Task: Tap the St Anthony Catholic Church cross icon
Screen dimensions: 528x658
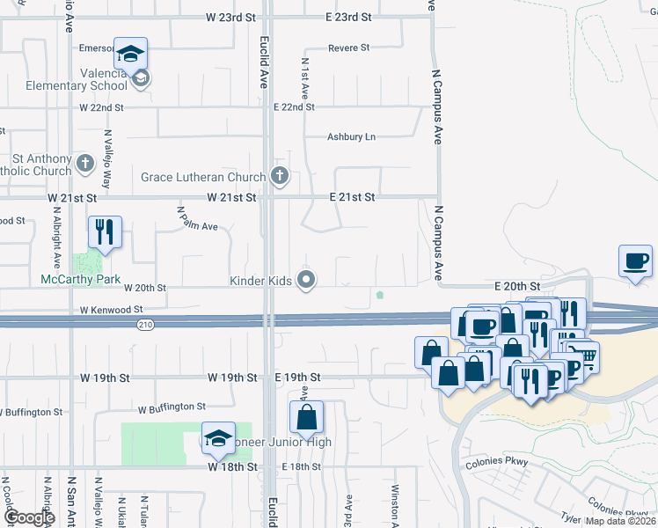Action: (x=85, y=163)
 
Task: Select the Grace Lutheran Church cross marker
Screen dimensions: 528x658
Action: (x=280, y=176)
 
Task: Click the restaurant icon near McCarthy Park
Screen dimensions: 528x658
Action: (x=105, y=232)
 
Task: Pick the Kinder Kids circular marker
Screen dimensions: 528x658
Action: (x=306, y=280)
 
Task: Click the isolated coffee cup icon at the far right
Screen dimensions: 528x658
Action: (x=635, y=260)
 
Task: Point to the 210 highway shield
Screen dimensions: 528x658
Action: (x=143, y=325)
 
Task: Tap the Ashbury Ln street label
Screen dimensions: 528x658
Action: (x=351, y=136)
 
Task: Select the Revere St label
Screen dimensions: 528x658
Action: (x=348, y=48)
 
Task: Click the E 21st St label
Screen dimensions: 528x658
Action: (x=352, y=197)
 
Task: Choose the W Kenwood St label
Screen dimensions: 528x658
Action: (x=111, y=310)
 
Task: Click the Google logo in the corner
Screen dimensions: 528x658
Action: (x=28, y=518)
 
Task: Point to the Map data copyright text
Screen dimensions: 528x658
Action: (x=621, y=521)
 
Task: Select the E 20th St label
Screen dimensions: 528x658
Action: (x=516, y=287)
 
